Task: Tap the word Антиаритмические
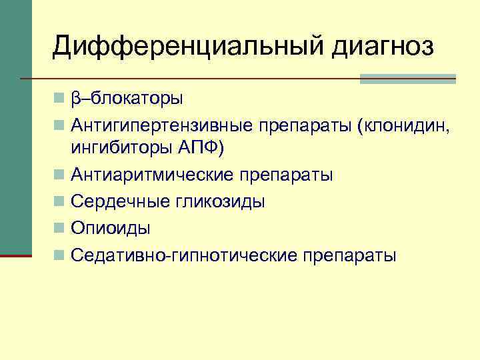(152, 175)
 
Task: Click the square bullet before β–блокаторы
(60, 99)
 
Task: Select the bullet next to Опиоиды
(60, 228)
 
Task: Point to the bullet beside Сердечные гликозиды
(60, 202)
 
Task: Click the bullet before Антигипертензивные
(60, 125)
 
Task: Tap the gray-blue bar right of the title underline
(407, 79)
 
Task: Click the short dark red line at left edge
(15, 255)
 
